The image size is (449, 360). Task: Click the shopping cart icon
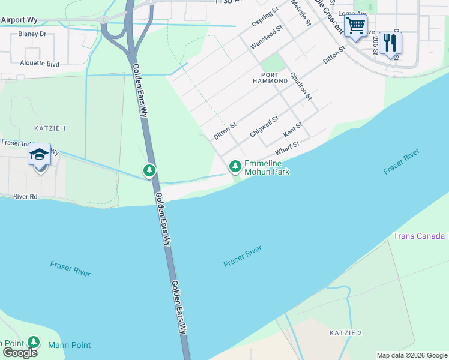[355, 26]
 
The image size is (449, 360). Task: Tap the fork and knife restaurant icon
[391, 43]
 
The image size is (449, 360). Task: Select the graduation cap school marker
[40, 157]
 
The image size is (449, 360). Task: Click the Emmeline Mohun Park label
[267, 167]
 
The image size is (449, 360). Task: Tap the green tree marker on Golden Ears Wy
[149, 172]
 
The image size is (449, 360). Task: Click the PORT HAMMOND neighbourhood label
[270, 77]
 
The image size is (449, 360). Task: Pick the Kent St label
[292, 128]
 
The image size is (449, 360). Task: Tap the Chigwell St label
[264, 127]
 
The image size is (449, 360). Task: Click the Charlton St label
[301, 86]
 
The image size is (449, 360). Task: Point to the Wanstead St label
[266, 37]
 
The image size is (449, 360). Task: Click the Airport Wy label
[19, 20]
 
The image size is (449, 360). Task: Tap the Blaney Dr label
[32, 34]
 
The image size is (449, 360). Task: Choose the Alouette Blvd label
[40, 63]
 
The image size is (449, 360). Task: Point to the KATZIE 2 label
[346, 332]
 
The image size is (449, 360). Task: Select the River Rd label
[26, 196]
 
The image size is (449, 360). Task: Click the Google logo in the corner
[20, 352]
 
